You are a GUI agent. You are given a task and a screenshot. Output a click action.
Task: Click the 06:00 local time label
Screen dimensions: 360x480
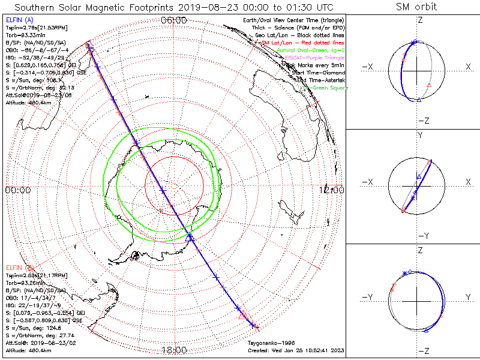pyautogui.click(x=174, y=20)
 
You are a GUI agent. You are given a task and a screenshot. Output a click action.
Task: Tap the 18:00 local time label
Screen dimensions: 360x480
pyautogui.click(x=174, y=350)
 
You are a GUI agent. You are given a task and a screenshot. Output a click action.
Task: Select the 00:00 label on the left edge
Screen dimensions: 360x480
pyautogui.click(x=17, y=190)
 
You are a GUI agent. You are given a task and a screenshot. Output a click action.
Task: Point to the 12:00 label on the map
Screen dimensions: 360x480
pyautogui.click(x=332, y=190)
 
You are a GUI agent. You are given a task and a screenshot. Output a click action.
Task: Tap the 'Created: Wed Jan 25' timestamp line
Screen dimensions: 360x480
pyautogui.click(x=296, y=350)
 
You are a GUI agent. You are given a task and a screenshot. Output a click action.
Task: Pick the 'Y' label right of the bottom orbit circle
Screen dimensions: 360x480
pyautogui.click(x=467, y=297)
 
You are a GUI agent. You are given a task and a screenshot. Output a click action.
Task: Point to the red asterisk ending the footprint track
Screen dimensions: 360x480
pyautogui.click(x=256, y=328)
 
